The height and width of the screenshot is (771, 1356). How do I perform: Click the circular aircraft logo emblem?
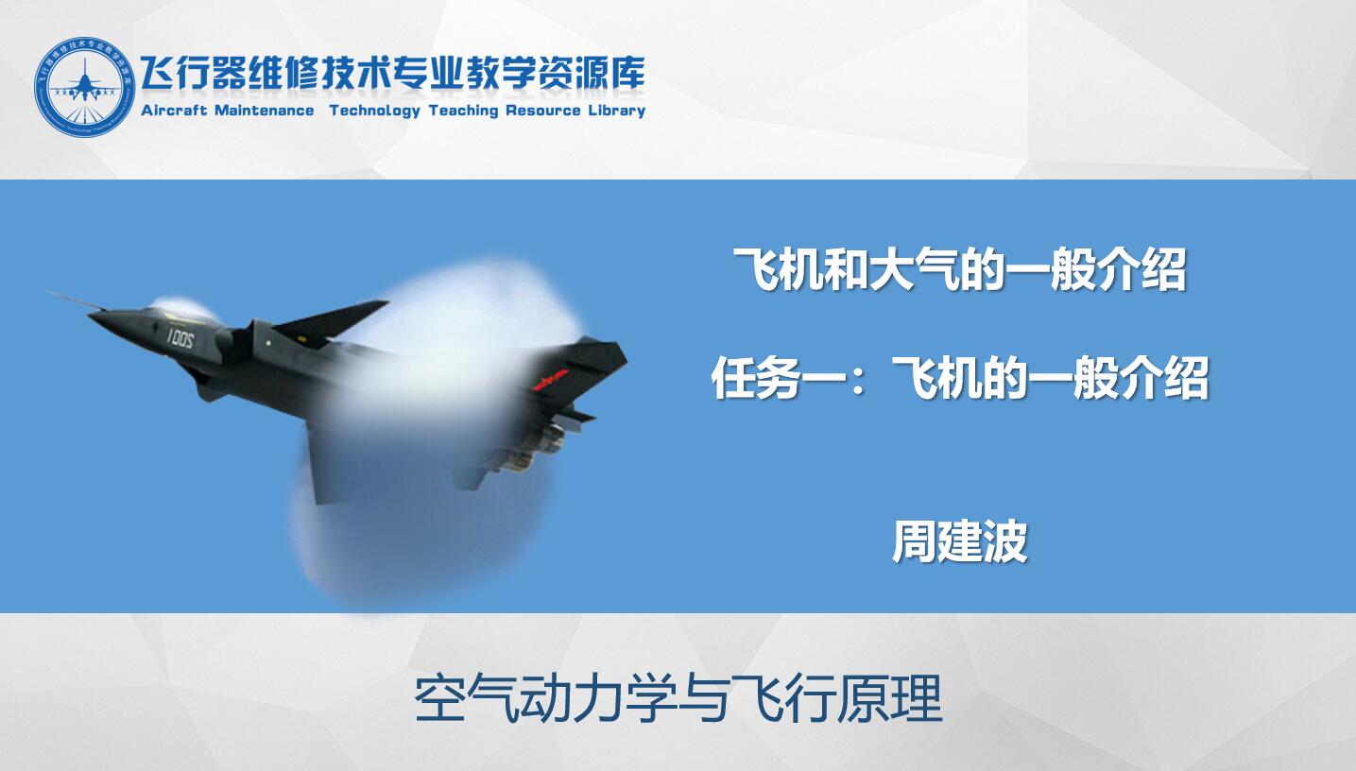coord(84,87)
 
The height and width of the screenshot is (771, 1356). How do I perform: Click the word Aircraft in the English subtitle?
coord(174,111)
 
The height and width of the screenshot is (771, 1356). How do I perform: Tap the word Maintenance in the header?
coord(264,111)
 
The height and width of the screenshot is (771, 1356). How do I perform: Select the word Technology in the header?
coord(375,111)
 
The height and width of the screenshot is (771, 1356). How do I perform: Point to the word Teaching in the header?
coord(463,111)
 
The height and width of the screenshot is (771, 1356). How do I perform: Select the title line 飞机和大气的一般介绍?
coord(959,269)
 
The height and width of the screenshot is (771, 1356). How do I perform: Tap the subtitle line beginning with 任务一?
coord(959,378)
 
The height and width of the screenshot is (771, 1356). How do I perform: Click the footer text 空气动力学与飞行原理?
coord(678,699)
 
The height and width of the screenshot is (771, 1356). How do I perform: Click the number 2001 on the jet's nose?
coord(180,338)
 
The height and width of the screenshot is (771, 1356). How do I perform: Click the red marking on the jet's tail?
coord(550,378)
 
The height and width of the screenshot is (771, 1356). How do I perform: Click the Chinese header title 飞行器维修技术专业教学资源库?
coord(393,74)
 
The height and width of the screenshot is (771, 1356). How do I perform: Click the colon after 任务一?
coord(858,383)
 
